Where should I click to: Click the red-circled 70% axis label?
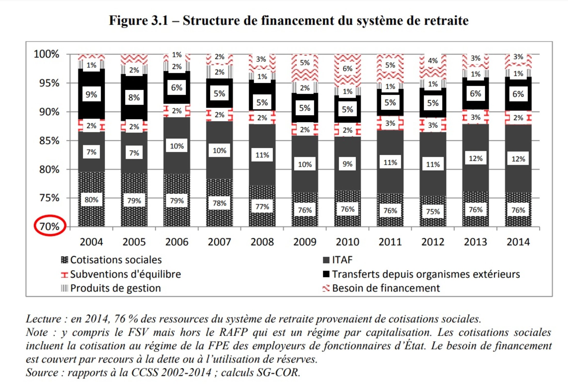pos(50,226)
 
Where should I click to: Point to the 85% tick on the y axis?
pos(49,141)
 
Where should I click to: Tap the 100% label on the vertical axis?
pos(46,54)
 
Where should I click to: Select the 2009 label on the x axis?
pos(305,242)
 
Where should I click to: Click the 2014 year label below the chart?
pos(518,242)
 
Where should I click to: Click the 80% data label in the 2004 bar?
pos(91,200)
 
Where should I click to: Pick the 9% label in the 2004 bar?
pos(91,94)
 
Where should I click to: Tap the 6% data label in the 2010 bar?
pos(348,69)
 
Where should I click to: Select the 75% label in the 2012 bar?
pos(433,212)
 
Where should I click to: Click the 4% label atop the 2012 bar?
pos(433,61)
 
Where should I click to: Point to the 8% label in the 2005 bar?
pos(134,98)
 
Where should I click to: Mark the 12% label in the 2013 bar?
pos(476,158)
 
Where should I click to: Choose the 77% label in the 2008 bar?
pos(262,207)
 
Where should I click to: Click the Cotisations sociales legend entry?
pos(116,260)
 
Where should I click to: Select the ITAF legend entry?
pos(342,260)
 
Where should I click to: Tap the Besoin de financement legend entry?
pos(386,288)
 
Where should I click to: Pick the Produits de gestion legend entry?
pos(115,288)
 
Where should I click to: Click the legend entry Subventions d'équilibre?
pos(125,274)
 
